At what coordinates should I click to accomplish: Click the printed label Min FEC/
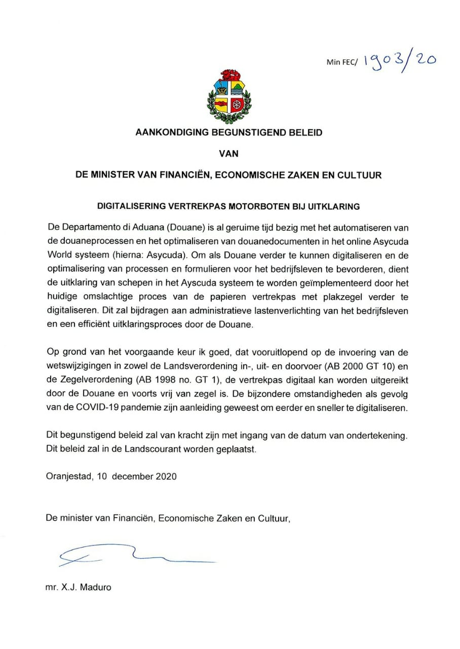pyautogui.click(x=342, y=62)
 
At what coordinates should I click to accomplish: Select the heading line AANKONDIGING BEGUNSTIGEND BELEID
pyautogui.click(x=228, y=133)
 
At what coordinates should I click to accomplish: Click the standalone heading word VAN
pyautogui.click(x=228, y=154)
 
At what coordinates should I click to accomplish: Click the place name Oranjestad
pyautogui.click(x=68, y=476)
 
